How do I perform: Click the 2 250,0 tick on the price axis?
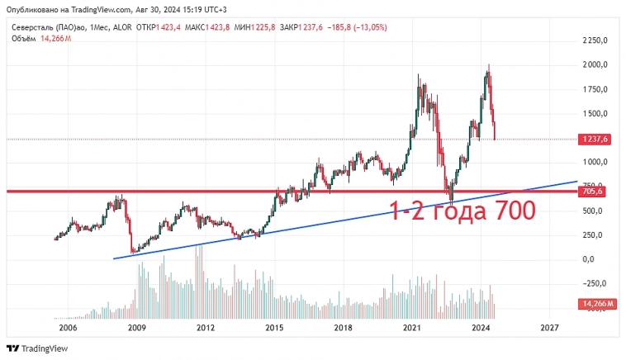[x=595, y=40]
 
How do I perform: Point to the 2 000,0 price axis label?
[x=595, y=64]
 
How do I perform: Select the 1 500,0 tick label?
[x=595, y=113]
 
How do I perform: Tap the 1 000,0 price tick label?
[x=595, y=162]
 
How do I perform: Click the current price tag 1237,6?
[x=595, y=140]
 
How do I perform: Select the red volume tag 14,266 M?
[x=599, y=304]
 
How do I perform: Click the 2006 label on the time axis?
[x=68, y=328]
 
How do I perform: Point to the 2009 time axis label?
[x=136, y=328]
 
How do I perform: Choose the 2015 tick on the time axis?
[x=274, y=328]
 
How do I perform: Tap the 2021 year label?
[x=413, y=328]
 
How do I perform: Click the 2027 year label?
[x=550, y=328]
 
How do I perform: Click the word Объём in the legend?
[x=24, y=38]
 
